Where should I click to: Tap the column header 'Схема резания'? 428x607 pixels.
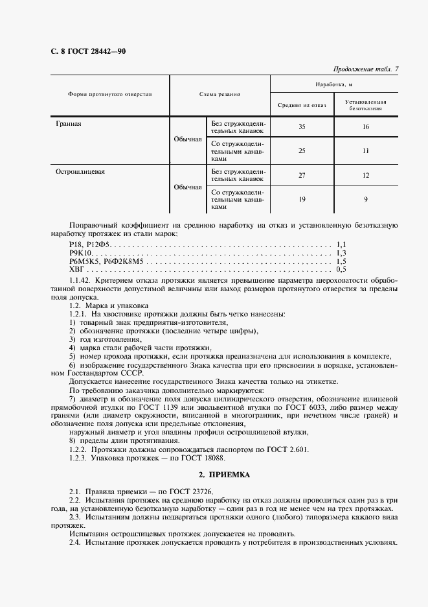pos(220,94)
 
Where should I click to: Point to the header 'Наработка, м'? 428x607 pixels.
pos(333,84)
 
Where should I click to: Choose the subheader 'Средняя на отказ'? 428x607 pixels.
pos(302,104)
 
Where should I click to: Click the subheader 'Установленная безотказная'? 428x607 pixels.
pos(366,105)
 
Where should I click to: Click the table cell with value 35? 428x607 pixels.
pos(302,126)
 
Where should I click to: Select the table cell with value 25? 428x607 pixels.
pos(302,150)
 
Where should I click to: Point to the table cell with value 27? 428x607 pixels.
pos(302,175)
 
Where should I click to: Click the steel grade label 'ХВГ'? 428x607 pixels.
pos(76,268)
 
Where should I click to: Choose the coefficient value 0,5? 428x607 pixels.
pos(342,268)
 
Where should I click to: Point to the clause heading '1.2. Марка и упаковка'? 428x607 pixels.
pos(109,305)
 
